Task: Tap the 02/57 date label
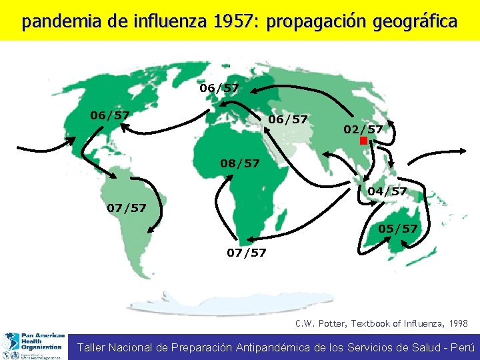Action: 363,129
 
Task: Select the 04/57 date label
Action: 387,191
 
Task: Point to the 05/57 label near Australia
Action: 397,229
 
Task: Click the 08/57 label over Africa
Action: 240,163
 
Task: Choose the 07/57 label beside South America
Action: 127,208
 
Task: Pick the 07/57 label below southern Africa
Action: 247,253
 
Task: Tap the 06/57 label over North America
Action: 110,115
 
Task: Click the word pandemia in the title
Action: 55,22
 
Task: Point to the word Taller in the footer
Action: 93,347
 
